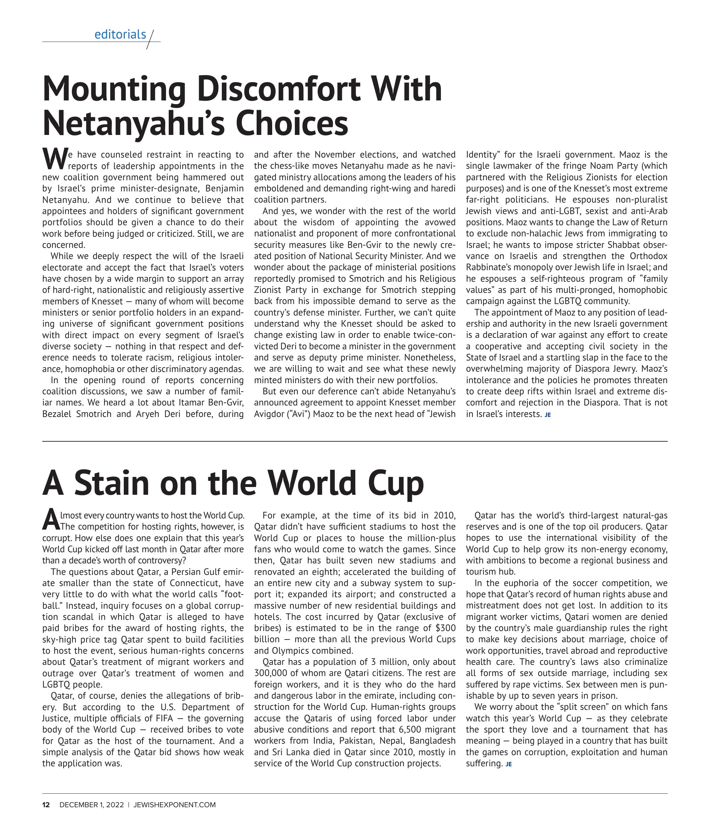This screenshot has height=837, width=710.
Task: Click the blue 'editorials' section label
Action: coord(120,34)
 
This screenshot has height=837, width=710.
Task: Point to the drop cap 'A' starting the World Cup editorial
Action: coord(51,520)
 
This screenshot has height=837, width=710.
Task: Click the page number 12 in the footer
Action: coord(46,805)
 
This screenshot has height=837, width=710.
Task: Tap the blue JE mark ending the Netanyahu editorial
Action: coord(547,415)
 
